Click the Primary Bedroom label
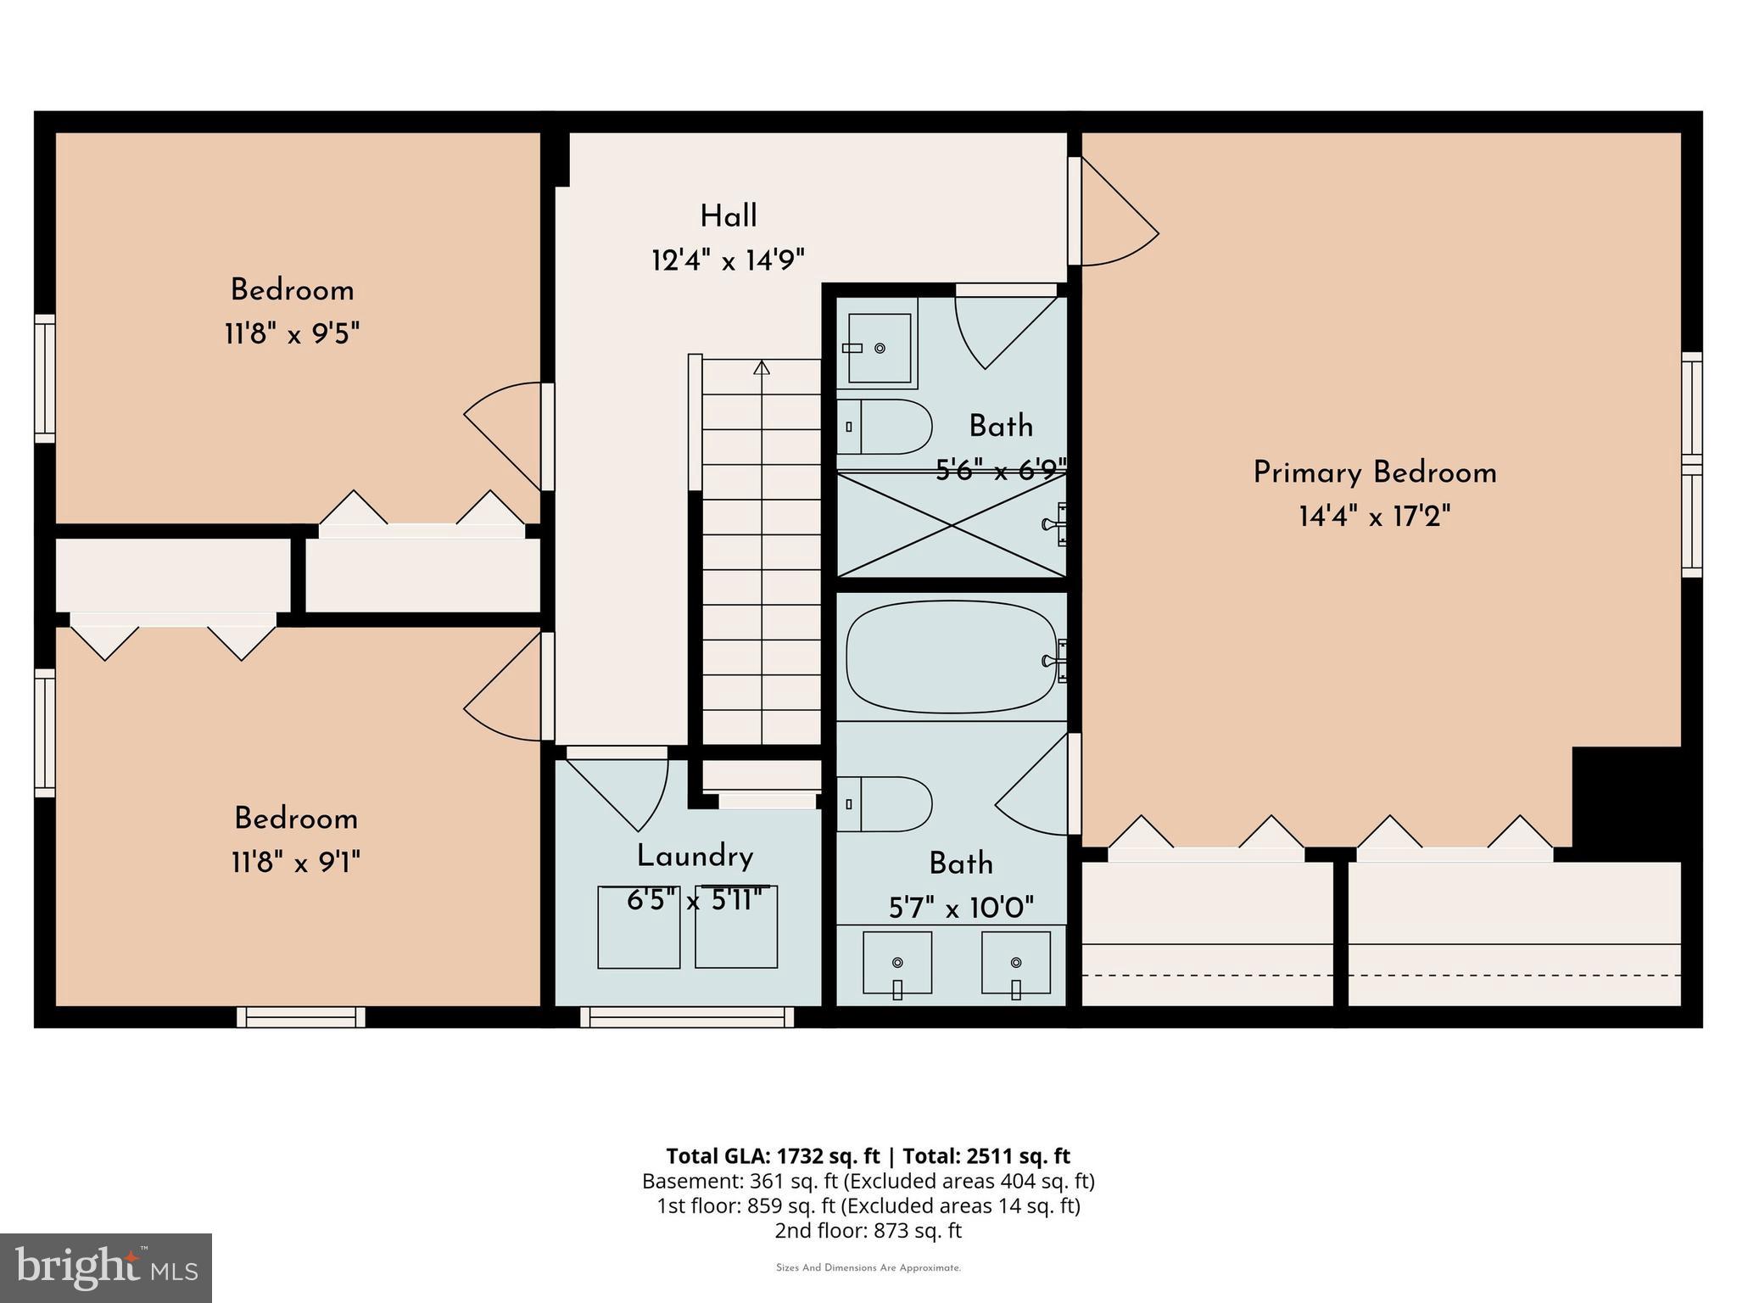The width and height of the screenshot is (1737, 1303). (x=1374, y=473)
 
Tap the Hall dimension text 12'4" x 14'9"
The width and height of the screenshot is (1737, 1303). (x=728, y=260)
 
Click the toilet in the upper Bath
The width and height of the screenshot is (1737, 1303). (x=886, y=427)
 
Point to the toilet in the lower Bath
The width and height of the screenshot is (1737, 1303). (x=886, y=803)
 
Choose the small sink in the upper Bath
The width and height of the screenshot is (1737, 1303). (x=880, y=348)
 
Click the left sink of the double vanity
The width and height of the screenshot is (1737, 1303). (x=897, y=962)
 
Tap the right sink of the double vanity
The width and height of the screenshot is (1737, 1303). (x=1016, y=962)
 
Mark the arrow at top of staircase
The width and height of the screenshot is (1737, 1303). (x=762, y=367)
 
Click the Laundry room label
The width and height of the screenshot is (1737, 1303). (x=695, y=856)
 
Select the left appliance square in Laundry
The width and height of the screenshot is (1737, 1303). (x=639, y=927)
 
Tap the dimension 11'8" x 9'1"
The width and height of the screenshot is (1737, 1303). (x=295, y=864)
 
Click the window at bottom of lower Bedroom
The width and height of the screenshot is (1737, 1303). (x=301, y=1016)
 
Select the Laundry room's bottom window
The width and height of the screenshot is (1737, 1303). (x=688, y=1016)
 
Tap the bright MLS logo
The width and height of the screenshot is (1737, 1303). (x=106, y=1267)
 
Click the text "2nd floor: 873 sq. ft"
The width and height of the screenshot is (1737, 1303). (x=868, y=1230)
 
